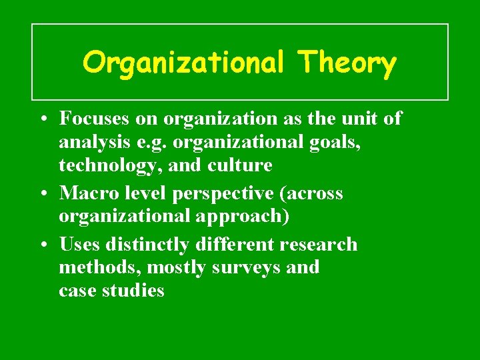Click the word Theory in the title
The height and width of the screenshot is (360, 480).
347,63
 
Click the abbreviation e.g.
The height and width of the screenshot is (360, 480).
141,143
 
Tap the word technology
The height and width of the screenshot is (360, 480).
110,165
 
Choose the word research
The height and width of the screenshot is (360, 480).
319,244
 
